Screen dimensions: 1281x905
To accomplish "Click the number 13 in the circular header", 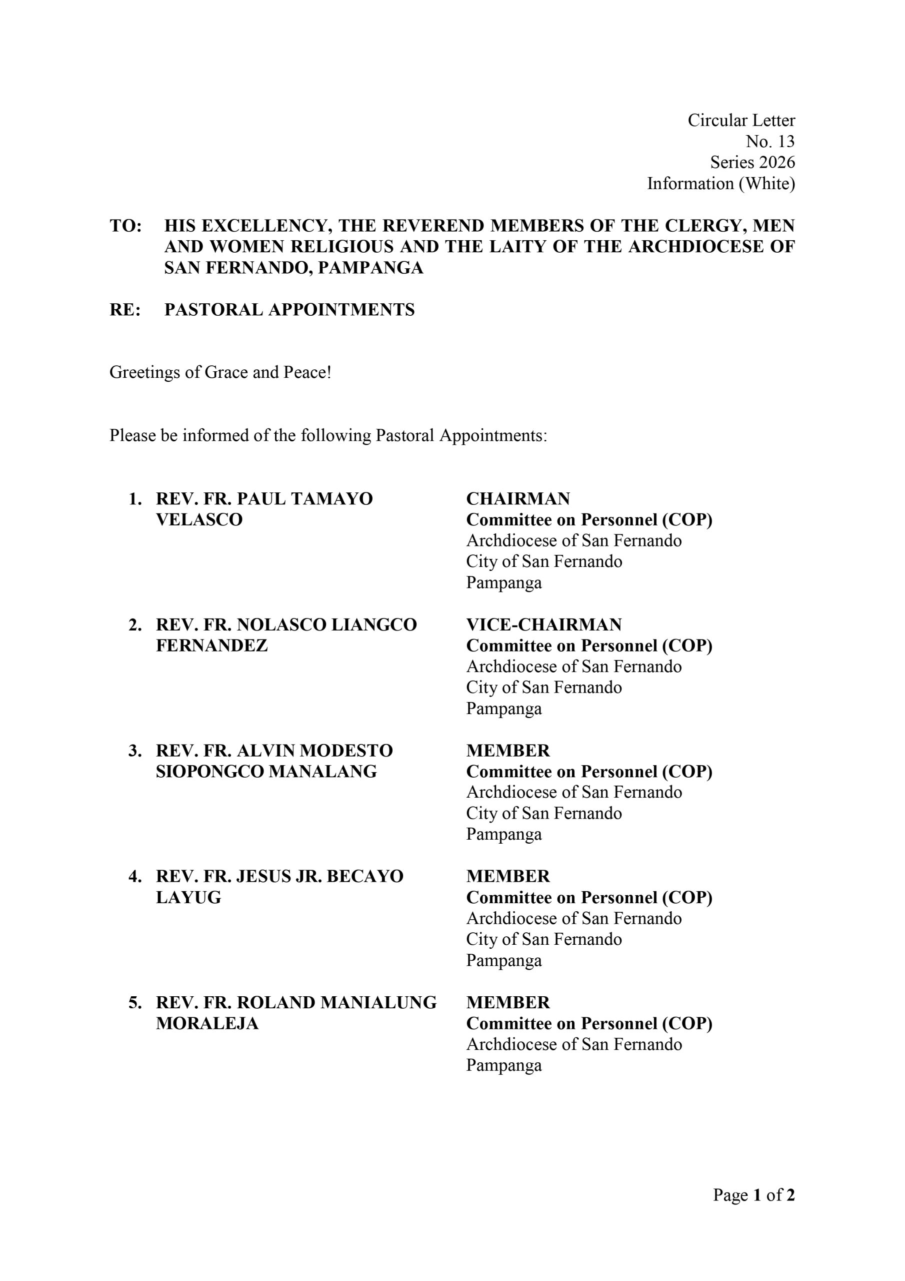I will coord(785,141).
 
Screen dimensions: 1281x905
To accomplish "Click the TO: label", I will coord(125,226).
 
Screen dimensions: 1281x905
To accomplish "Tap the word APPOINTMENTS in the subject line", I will coord(341,310).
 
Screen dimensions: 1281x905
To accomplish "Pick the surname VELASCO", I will coord(199,519).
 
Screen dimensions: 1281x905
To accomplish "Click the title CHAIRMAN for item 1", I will coord(518,498).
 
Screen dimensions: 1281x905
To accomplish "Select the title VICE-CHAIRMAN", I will coord(543,624).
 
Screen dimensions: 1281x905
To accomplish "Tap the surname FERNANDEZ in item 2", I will coord(212,646).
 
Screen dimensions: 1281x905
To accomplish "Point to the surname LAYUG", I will coord(188,897).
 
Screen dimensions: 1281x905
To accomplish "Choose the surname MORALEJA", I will coord(207,1023).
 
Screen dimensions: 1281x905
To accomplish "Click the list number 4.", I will coord(134,877).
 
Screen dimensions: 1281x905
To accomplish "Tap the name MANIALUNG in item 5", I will coord(378,1003).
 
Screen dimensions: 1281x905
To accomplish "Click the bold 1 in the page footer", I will coord(757,1194).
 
